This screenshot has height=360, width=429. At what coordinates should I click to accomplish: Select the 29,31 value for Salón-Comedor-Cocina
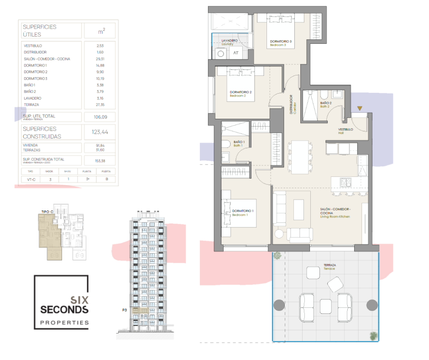100,59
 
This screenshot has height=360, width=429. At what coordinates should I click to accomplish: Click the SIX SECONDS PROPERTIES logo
62,302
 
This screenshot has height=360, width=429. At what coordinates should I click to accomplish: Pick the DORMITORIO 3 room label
280,43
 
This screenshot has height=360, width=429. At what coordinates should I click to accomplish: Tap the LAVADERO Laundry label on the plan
230,42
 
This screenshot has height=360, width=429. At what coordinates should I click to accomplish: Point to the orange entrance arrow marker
360,108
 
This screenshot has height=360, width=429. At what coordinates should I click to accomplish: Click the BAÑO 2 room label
325,104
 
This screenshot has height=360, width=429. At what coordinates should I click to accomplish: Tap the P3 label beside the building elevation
124,310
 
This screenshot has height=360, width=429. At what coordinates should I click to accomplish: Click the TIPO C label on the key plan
47,212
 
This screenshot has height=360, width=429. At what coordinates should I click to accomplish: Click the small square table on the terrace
325,306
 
